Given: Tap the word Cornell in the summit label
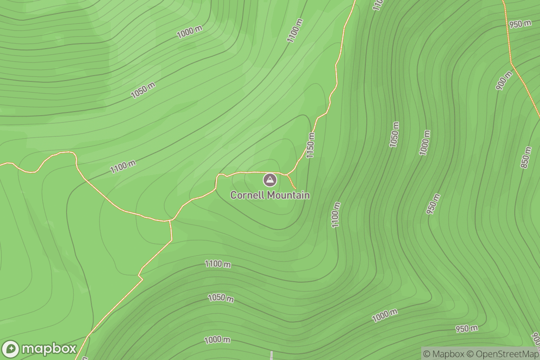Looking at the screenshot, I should pos(247,195).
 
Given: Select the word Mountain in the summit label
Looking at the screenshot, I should pos(288,195).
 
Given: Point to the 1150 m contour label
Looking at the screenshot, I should pos(310,145).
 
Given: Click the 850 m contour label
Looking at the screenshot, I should pos(526,157).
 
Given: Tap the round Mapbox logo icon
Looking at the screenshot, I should pos(11,349).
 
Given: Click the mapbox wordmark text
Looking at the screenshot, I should pos(49,349).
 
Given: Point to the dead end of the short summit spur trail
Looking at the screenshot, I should pos(295,189).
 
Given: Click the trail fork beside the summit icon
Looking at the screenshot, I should pos(287,174).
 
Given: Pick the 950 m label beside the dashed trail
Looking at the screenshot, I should pos(520,24).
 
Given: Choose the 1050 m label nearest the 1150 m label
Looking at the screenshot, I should pos(395,134).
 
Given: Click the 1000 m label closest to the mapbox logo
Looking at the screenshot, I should pos(217,340).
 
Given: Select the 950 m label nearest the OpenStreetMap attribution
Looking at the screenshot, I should pos(466,328).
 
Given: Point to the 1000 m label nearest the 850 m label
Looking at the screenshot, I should pos(425,143).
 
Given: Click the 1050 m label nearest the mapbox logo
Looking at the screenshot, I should pos(220,298).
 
